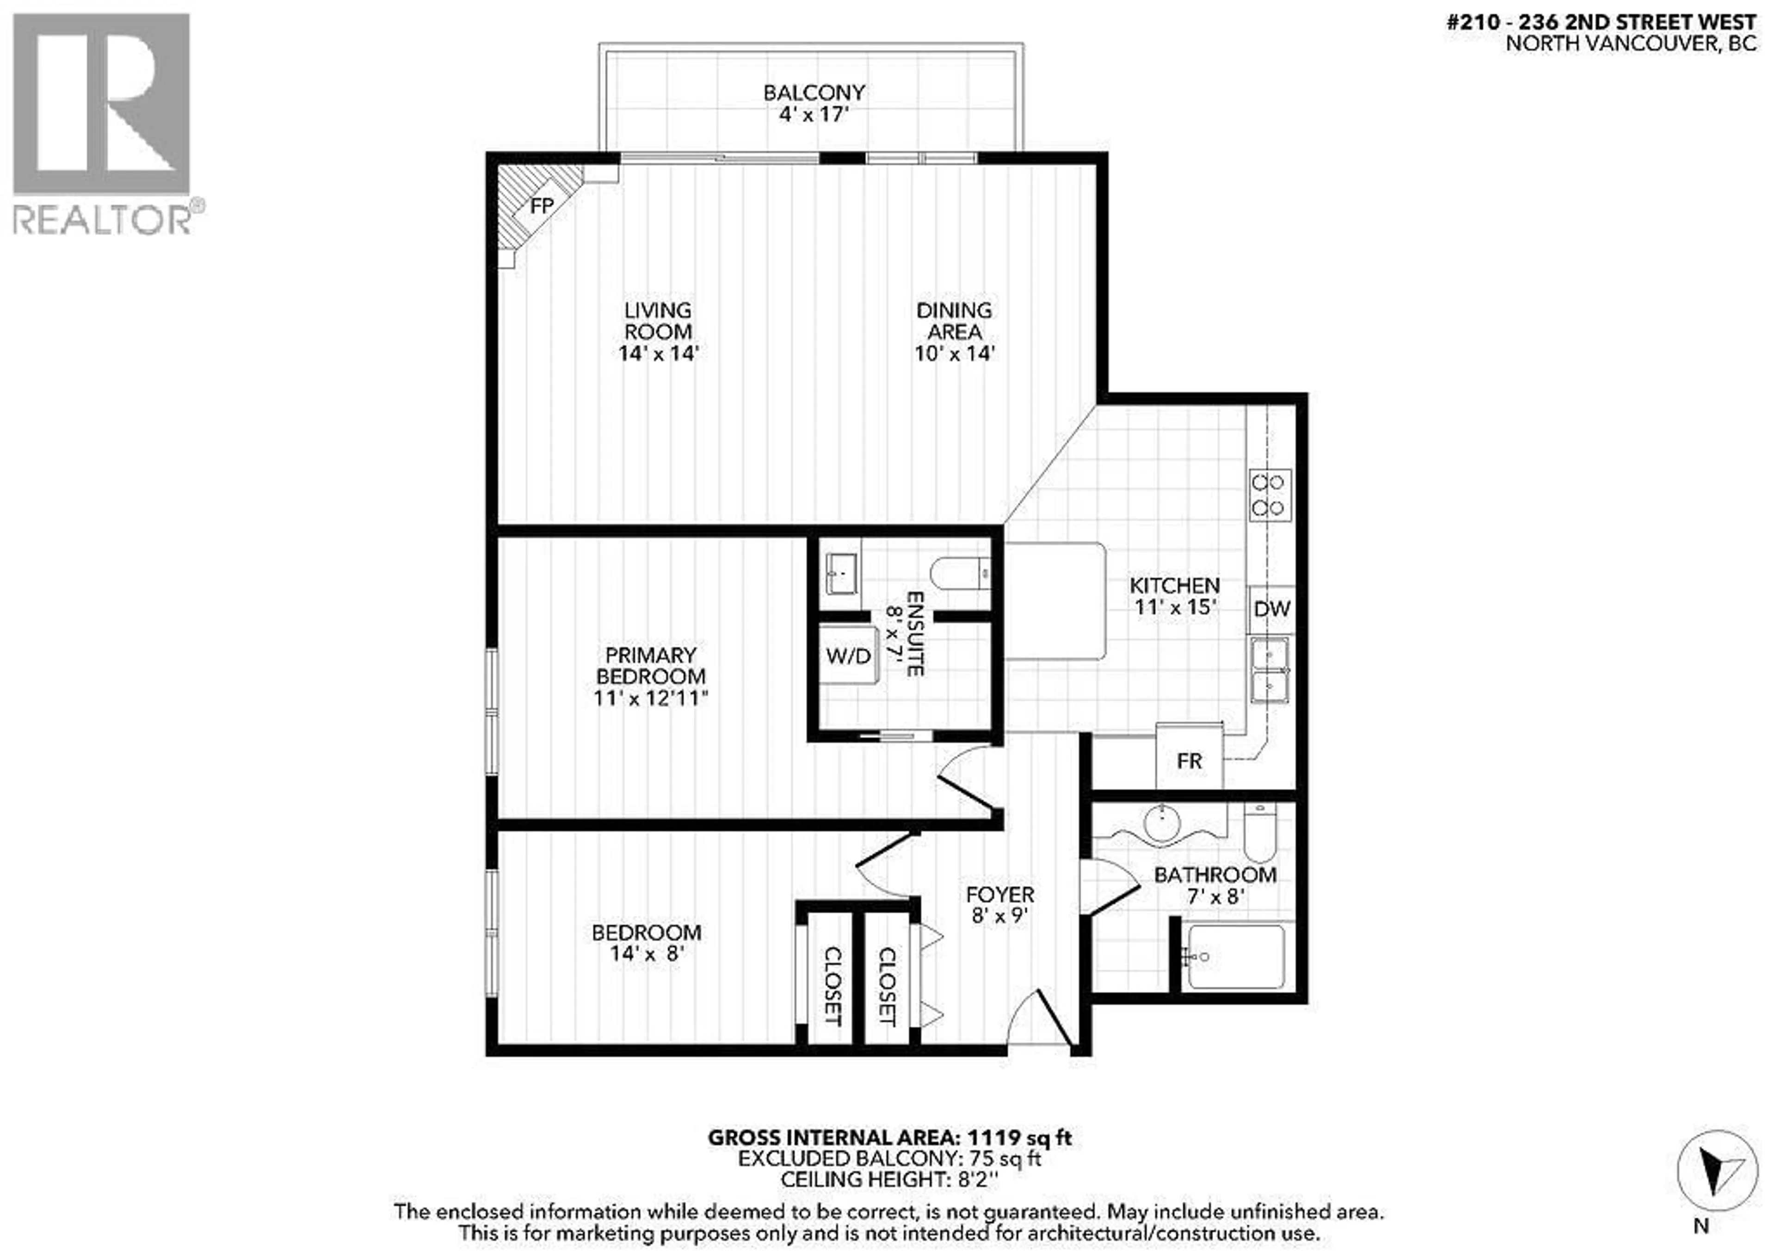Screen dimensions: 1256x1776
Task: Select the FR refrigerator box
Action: point(1189,761)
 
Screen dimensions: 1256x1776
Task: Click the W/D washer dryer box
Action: point(849,656)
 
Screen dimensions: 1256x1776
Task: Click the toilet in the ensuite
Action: point(959,574)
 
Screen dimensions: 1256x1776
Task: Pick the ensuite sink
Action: point(841,574)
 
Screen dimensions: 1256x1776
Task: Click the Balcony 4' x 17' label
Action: point(814,103)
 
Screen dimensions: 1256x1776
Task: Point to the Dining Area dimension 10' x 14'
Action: point(954,353)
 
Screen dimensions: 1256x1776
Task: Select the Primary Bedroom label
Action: point(651,666)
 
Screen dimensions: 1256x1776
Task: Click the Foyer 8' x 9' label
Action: point(999,905)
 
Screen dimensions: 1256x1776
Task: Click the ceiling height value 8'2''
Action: point(974,1179)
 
